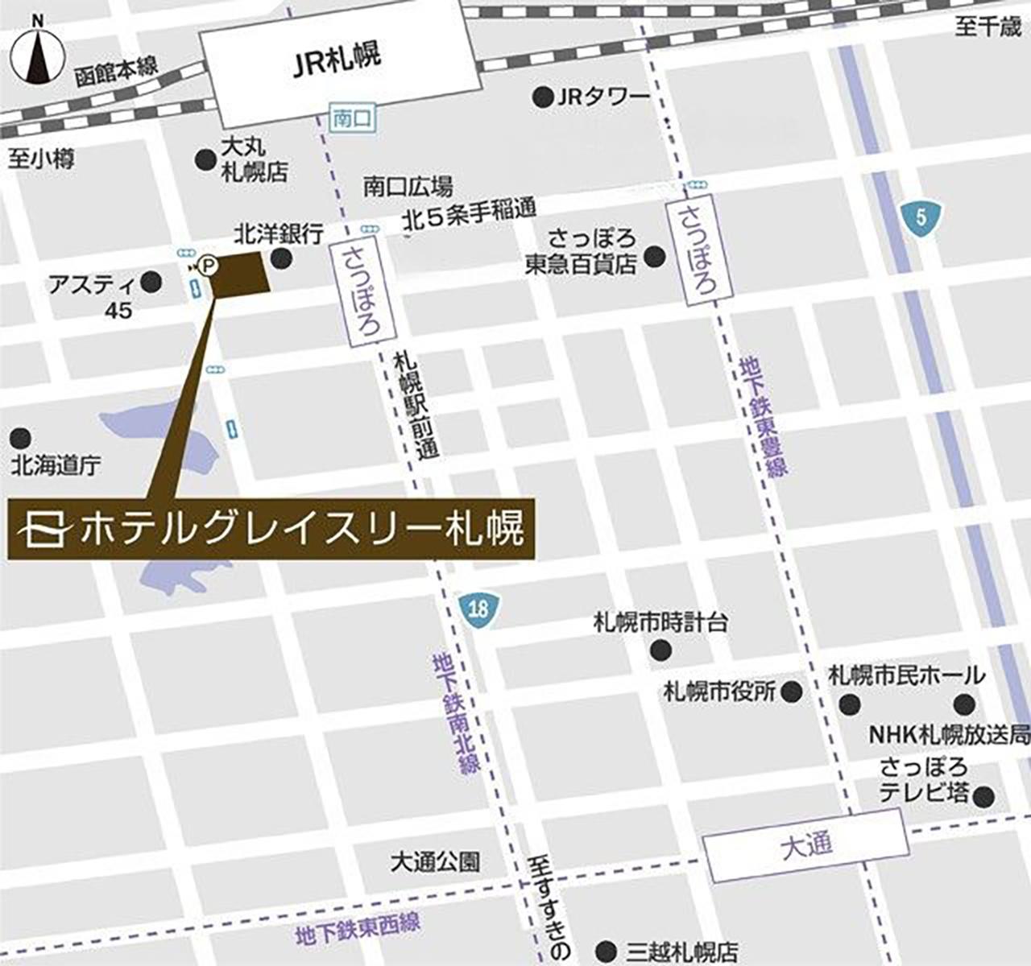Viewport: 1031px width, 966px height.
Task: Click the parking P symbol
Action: (209, 263)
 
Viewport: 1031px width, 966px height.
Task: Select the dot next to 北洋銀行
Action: (281, 258)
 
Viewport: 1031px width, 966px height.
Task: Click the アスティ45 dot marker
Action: (151, 282)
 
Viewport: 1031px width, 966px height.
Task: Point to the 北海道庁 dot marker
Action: (20, 439)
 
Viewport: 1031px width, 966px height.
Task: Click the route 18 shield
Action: (478, 608)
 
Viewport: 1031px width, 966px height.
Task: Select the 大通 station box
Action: (806, 845)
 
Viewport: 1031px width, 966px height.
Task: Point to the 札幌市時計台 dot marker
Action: (661, 649)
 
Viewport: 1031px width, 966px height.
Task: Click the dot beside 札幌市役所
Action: (793, 691)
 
